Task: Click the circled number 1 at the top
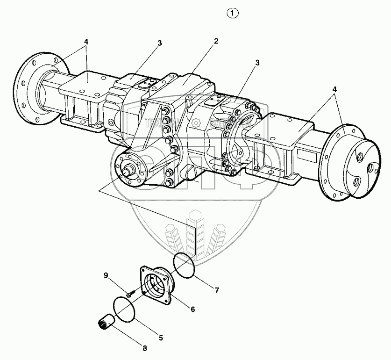233,13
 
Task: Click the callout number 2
216,41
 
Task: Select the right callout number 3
257,62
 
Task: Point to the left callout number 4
85,41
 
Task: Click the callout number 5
161,336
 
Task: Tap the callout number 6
192,309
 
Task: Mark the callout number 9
106,275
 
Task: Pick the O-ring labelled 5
124,310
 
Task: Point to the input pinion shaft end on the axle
128,167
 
